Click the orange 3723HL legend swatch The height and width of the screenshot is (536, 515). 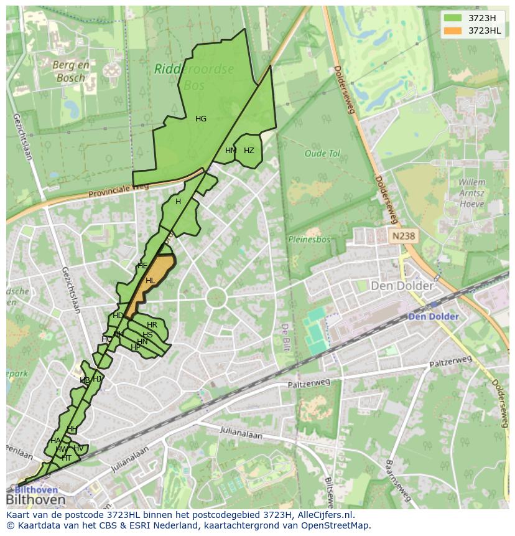coord(453,31)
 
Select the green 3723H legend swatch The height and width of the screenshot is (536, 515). coord(453,18)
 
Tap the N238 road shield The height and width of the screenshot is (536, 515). coord(403,237)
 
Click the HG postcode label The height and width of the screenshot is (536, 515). coord(201,119)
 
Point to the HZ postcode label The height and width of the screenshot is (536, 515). coord(249,151)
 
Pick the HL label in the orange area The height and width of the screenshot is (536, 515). coord(150,281)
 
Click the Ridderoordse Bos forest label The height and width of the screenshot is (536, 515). coord(194,76)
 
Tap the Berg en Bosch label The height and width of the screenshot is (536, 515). coord(71,72)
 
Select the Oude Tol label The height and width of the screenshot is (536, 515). coord(322,153)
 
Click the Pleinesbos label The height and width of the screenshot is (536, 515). coord(309,239)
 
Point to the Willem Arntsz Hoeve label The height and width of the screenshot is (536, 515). coord(471,194)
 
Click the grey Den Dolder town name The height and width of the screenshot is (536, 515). coord(402,286)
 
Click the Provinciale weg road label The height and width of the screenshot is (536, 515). coord(118,190)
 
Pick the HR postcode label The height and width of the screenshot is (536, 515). coord(152,325)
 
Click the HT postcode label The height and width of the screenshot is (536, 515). coord(67,458)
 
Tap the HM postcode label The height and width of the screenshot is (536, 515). coord(231,151)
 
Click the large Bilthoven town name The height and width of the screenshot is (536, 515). coord(35,500)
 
